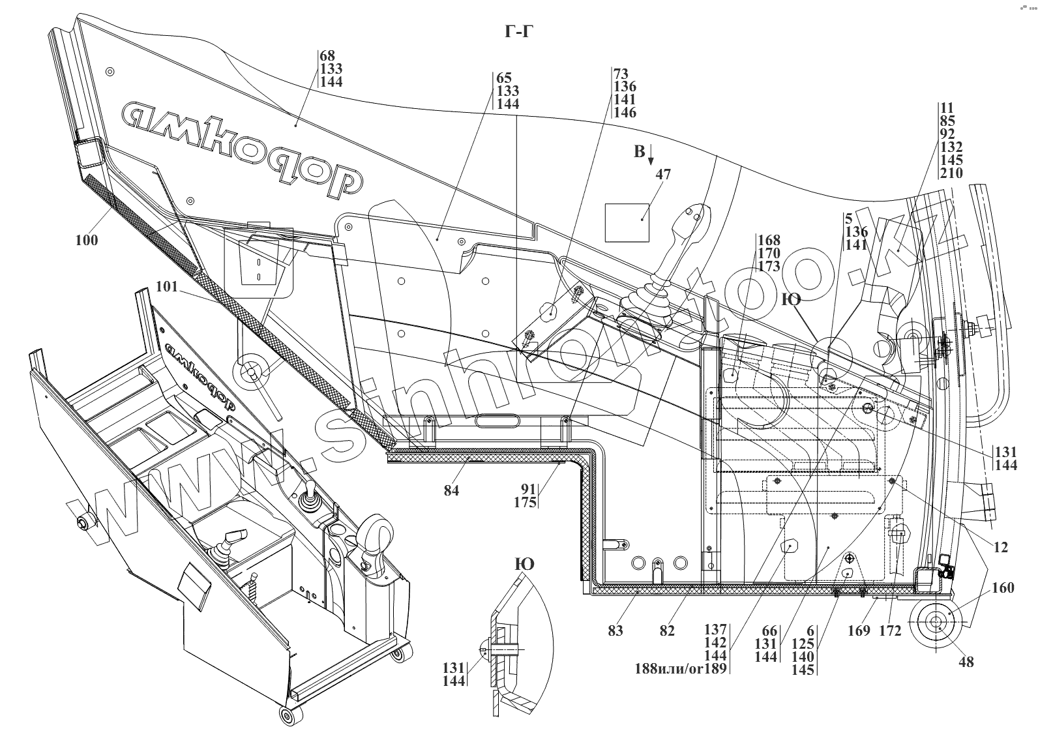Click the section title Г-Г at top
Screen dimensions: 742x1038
coord(518,31)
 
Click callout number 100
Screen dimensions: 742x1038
coord(86,240)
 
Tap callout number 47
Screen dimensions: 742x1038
coord(663,175)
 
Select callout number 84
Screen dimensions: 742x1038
coord(451,490)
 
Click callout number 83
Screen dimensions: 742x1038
coord(615,631)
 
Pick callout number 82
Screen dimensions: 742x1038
coord(666,631)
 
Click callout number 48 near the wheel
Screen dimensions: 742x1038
coord(966,661)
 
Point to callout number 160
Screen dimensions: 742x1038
coord(1002,588)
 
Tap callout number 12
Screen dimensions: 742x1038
coord(1001,548)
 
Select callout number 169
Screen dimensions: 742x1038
coord(859,631)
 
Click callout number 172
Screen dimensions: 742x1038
coord(890,631)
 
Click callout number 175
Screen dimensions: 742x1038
coord(525,503)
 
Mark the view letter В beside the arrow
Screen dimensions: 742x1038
coord(639,153)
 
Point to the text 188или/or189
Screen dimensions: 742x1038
coord(682,669)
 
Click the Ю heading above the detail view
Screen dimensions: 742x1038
coord(524,564)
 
